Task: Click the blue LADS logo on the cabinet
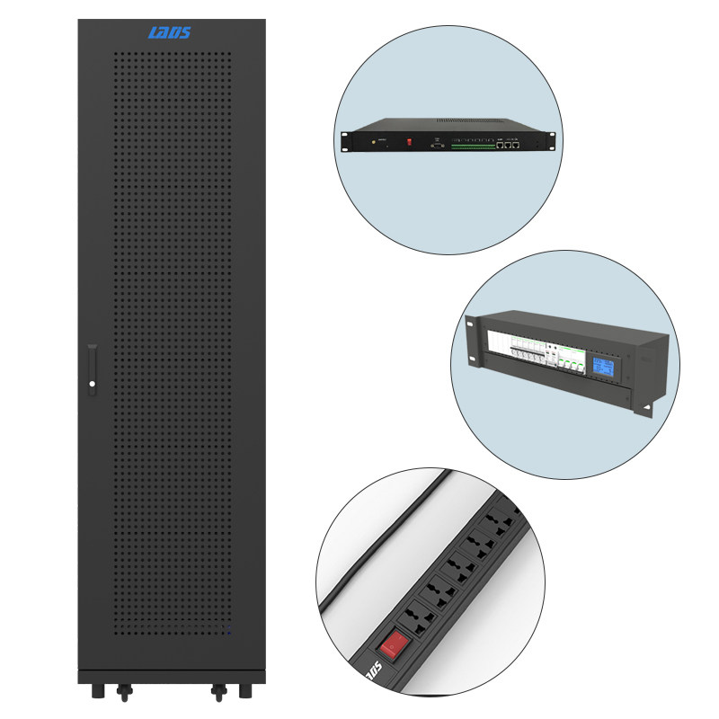[x=169, y=34]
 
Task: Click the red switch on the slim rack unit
[x=410, y=140]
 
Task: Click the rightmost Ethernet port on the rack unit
[x=517, y=142]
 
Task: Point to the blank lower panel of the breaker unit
[x=557, y=395]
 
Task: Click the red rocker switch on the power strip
[x=392, y=645]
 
